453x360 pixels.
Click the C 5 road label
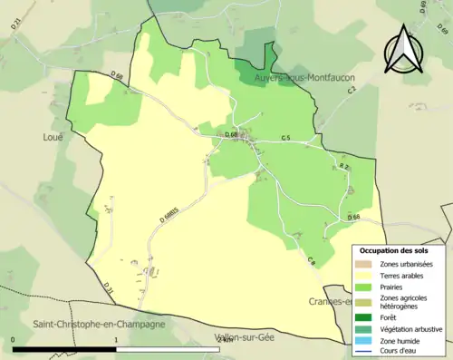pyautogui.click(x=285, y=137)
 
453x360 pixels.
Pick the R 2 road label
pyautogui.click(x=343, y=168)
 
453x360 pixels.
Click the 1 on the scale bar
pyautogui.click(x=116, y=340)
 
